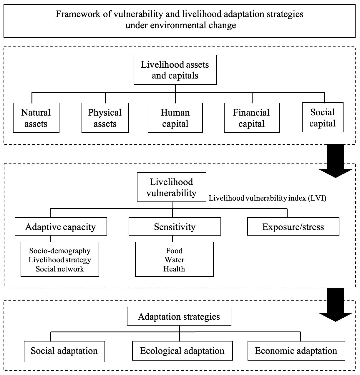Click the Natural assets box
click(x=36, y=118)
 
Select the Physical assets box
click(x=105, y=118)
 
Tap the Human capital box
click(x=175, y=118)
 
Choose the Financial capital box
click(x=252, y=118)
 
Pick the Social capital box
click(x=323, y=117)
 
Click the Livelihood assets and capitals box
click(x=175, y=70)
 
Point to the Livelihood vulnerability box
click(x=171, y=187)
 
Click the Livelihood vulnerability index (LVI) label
click(x=268, y=198)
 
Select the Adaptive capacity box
click(x=61, y=226)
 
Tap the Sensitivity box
click(x=175, y=226)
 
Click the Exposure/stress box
click(x=293, y=226)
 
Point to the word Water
click(x=174, y=260)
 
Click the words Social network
click(x=60, y=269)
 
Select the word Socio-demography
click(x=60, y=251)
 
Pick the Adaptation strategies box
click(x=179, y=316)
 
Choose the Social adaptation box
click(x=64, y=351)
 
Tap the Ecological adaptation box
click(x=183, y=351)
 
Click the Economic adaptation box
click(x=296, y=351)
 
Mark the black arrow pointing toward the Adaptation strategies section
click(x=336, y=305)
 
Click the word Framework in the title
click(x=78, y=14)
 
